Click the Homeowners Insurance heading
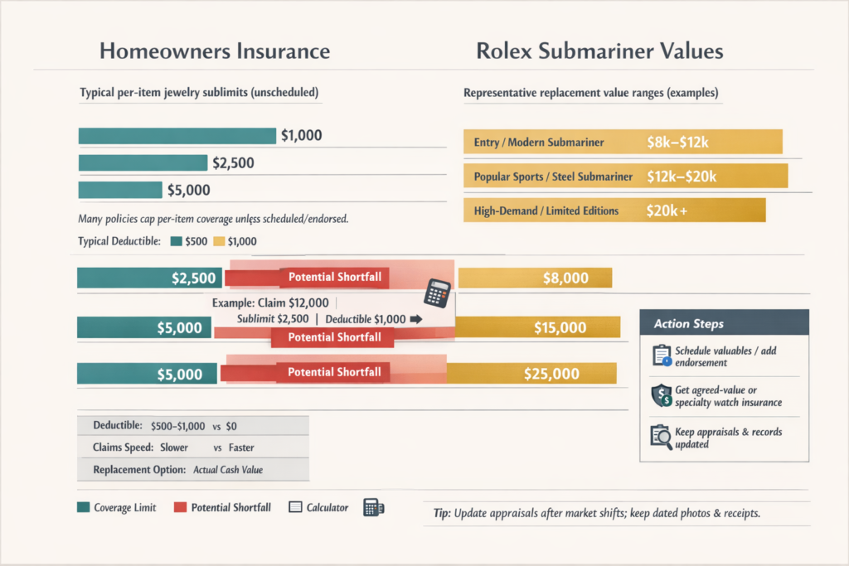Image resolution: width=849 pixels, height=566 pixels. (x=215, y=51)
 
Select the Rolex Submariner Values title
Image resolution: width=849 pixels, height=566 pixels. (x=599, y=51)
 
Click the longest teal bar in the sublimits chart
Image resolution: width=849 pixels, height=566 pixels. (x=177, y=136)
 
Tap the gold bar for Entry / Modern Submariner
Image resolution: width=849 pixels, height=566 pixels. (x=623, y=142)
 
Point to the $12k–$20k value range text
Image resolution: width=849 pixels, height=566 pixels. (x=681, y=177)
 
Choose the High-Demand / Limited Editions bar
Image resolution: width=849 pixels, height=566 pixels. (x=614, y=210)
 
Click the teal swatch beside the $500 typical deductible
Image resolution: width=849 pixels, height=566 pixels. (x=175, y=242)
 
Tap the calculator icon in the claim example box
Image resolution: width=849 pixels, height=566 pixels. (x=436, y=293)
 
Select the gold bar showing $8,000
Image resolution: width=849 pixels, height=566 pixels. (x=535, y=278)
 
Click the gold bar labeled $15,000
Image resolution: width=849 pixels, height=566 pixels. (x=538, y=327)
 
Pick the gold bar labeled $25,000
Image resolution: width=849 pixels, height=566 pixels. (x=531, y=374)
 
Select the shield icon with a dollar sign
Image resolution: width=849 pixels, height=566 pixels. (x=661, y=396)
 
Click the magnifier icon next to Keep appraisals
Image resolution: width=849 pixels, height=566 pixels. (x=661, y=436)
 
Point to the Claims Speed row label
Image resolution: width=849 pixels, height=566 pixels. (x=120, y=447)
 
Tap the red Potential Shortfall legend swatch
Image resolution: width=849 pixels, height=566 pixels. (x=180, y=507)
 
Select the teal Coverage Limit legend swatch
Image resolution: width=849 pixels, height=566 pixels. (x=83, y=507)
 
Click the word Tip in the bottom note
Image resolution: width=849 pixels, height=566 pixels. (x=441, y=513)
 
